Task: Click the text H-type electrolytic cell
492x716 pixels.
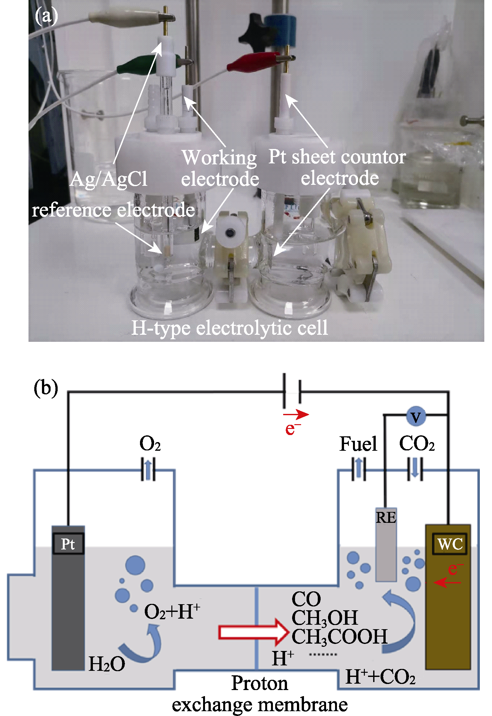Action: [x=230, y=328]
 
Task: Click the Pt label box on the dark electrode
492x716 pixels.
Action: [x=68, y=544]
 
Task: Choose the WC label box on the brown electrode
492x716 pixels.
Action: [x=450, y=544]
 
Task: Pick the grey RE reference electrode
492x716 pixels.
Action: [x=386, y=545]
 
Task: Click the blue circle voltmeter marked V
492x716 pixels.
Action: [x=416, y=416]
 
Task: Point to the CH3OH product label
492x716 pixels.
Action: [x=324, y=618]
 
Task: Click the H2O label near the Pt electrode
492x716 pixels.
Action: [x=107, y=664]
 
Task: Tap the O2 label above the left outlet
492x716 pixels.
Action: [x=150, y=444]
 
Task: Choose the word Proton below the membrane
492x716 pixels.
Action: [x=259, y=683]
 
